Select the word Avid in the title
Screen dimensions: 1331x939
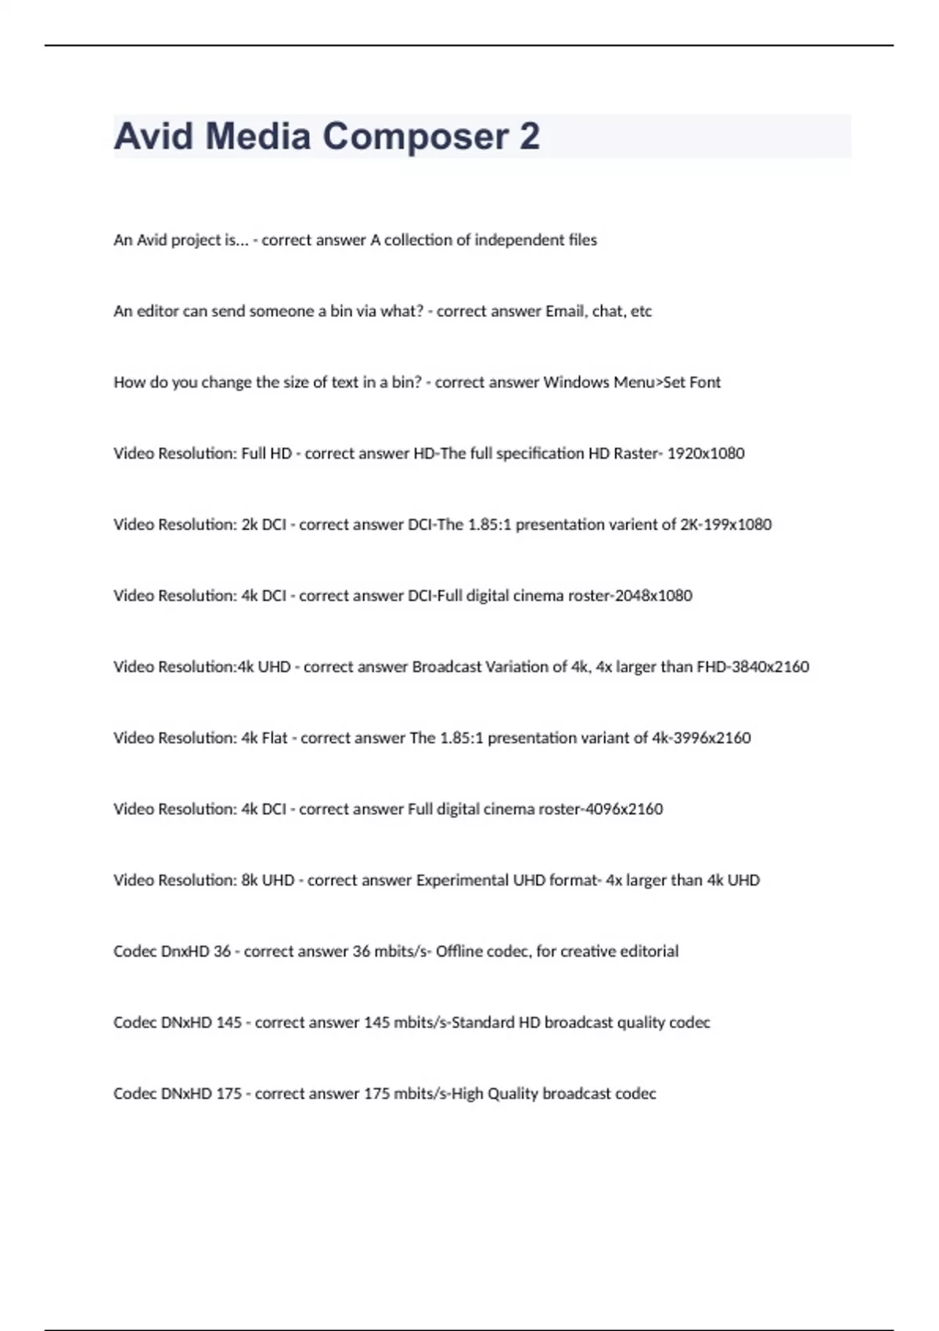coord(153,136)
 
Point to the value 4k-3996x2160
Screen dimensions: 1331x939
coord(701,738)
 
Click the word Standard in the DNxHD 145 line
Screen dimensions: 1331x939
coord(483,1023)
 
